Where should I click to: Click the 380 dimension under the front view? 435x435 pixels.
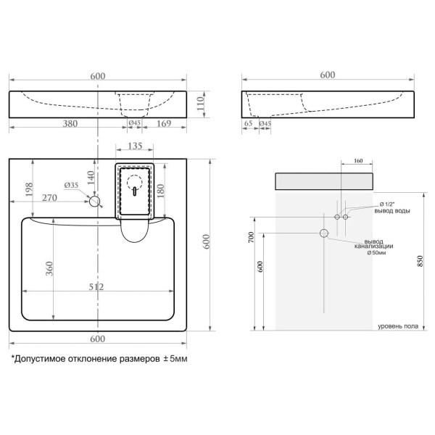[x=70, y=123]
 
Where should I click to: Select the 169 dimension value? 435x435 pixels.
[x=164, y=123]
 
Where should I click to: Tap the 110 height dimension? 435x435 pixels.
[x=200, y=104]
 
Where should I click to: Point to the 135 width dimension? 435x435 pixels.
[x=135, y=146]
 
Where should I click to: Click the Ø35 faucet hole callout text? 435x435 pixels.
[x=71, y=186]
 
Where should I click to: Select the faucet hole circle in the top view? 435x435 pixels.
[x=94, y=201]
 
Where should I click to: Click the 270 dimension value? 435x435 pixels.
[x=49, y=197]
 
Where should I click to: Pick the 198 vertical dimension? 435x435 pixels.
[x=29, y=189]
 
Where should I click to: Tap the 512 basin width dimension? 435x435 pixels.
[x=96, y=286]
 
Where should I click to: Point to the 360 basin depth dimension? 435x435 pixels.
[x=49, y=268]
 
